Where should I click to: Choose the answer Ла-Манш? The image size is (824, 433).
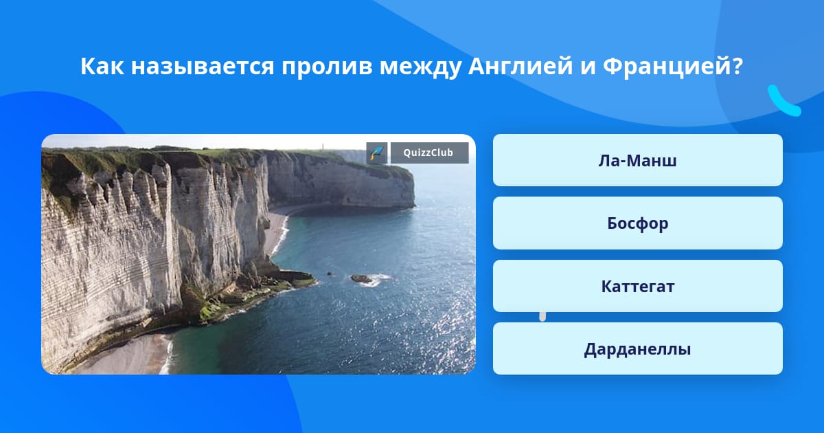tap(637, 160)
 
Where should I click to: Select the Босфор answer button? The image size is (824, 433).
tap(637, 223)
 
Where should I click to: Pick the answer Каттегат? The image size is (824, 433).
tap(637, 286)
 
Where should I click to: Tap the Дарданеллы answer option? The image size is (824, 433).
tap(637, 348)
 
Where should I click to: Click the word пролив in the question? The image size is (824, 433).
tap(327, 67)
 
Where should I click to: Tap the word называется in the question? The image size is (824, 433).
tap(203, 66)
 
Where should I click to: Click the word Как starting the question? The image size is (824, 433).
tap(102, 66)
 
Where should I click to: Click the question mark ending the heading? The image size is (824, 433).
tap(737, 66)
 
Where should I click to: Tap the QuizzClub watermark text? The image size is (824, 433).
tap(428, 153)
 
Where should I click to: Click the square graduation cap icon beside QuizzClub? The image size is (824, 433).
tap(377, 153)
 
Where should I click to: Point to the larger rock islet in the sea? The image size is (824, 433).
tap(362, 279)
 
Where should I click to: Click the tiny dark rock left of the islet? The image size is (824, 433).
tap(330, 274)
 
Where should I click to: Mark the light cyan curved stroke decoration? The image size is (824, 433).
tap(783, 102)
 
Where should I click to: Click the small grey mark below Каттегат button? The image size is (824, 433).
tap(542, 317)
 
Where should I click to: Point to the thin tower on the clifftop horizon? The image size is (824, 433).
tap(323, 146)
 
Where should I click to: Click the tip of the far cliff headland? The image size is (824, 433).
tap(414, 205)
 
